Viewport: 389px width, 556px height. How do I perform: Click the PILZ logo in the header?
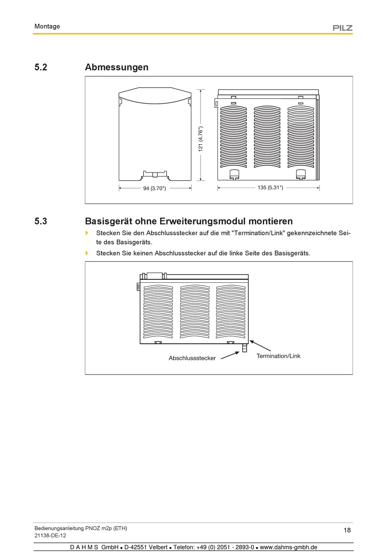[x=342, y=28]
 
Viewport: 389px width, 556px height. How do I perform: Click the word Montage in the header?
[x=47, y=26]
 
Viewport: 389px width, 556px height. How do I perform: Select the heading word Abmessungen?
[x=117, y=67]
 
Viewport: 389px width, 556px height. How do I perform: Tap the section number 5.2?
[x=41, y=67]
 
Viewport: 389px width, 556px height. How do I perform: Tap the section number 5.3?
[x=41, y=221]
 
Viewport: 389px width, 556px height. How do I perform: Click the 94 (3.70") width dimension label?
[x=154, y=188]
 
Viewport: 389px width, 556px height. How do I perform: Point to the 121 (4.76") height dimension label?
[x=201, y=139]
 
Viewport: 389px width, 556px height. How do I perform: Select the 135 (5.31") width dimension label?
[x=270, y=188]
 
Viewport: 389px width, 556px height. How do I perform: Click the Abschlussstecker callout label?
[x=192, y=358]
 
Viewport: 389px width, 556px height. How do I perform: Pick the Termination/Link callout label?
[x=278, y=356]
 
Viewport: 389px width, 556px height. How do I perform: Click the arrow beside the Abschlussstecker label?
[x=230, y=355]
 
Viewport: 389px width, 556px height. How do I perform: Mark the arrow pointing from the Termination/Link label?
[x=260, y=346]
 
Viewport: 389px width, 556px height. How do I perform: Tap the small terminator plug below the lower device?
[x=244, y=348]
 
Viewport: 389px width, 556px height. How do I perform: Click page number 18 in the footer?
[x=347, y=530]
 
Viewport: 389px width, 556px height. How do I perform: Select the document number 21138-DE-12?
[x=50, y=536]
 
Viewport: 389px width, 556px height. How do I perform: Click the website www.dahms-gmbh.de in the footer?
[x=288, y=547]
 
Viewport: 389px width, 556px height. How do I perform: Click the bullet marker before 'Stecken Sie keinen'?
[x=87, y=253]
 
